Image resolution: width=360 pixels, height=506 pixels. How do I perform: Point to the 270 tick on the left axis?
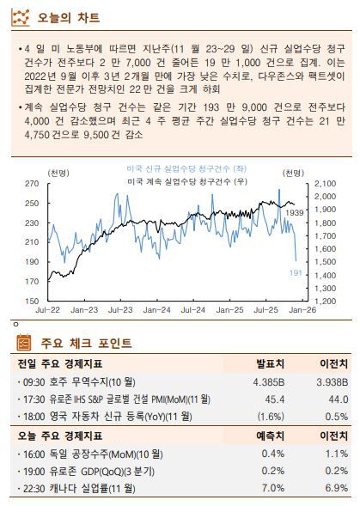tap(32, 184)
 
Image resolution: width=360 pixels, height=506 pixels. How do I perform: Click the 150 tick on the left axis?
tap(32, 302)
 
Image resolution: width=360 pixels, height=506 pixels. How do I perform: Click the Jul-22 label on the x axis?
tap(48, 310)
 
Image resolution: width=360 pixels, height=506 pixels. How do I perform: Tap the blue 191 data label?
tap(294, 272)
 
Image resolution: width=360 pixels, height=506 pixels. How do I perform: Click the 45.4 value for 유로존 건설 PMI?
tap(275, 399)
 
